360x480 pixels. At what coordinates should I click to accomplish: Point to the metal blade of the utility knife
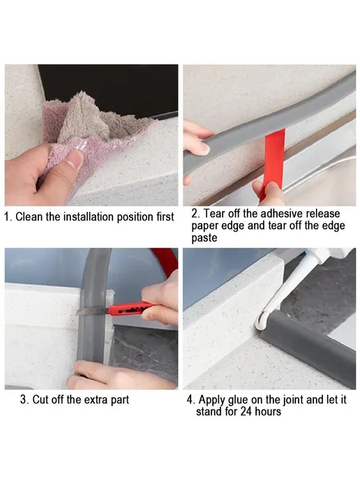coord(93,311)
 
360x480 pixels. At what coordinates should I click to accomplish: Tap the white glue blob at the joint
coord(262,321)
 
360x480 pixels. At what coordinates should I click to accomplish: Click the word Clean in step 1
coord(29,217)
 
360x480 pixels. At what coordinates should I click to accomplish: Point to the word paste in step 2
coord(204,238)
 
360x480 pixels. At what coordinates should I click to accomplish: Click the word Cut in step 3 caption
coord(40,400)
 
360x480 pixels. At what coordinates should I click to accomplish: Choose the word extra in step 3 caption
coord(96,400)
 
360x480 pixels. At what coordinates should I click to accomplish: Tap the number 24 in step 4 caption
coord(246,412)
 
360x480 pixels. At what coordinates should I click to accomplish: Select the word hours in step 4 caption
coord(268,412)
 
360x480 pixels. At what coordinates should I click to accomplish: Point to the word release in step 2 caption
coord(324,213)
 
